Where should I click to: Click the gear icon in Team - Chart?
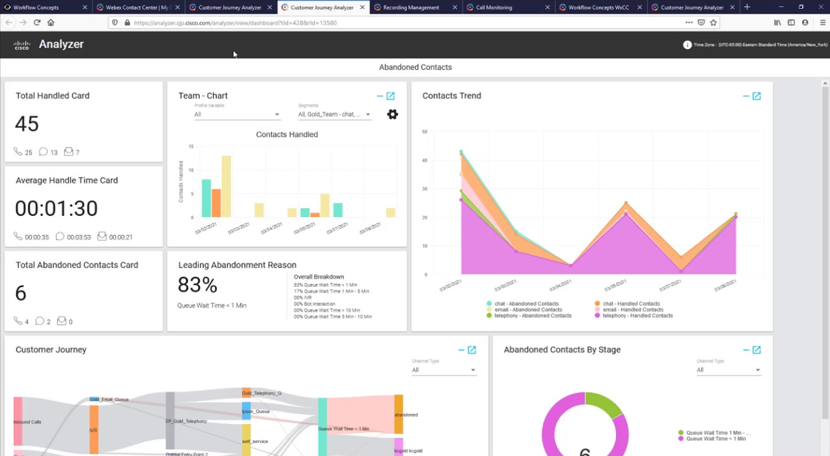click(x=393, y=114)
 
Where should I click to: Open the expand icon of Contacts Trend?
click(x=756, y=96)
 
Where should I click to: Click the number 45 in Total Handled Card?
click(x=27, y=124)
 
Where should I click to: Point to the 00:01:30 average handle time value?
click(x=57, y=208)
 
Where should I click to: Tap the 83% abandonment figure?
click(x=197, y=284)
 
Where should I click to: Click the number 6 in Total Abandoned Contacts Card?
click(x=21, y=293)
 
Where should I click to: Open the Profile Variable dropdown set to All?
click(x=237, y=114)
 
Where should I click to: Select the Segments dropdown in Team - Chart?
click(x=335, y=114)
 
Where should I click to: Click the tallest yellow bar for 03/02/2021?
click(x=226, y=186)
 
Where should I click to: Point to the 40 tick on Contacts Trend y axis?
click(x=425, y=161)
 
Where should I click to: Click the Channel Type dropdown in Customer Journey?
click(x=444, y=370)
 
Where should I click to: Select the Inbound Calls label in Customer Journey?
click(x=28, y=422)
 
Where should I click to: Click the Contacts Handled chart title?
click(x=287, y=135)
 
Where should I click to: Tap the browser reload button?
click(x=37, y=22)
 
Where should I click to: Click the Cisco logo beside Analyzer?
click(x=22, y=46)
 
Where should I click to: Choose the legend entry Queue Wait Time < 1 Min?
click(x=716, y=439)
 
